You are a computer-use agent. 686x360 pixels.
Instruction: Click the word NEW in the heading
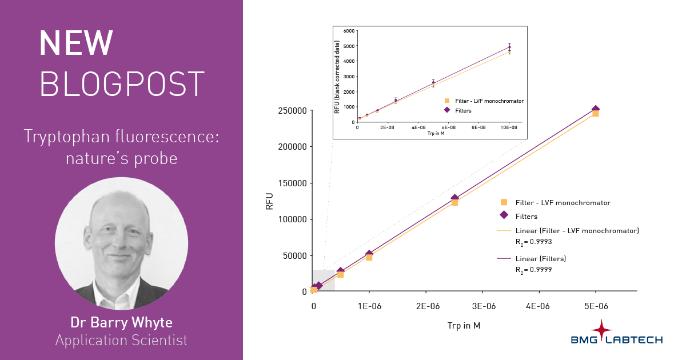click(x=76, y=43)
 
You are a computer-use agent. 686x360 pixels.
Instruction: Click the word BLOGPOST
click(x=122, y=84)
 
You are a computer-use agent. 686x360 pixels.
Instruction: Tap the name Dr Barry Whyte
click(x=121, y=322)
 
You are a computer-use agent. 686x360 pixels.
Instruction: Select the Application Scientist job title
click(x=121, y=341)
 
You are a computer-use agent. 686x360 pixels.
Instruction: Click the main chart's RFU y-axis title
click(x=270, y=201)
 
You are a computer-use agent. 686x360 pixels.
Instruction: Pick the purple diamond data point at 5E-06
click(x=595, y=109)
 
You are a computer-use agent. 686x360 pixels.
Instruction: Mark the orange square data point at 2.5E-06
click(x=454, y=202)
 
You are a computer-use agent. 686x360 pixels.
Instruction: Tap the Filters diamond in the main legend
click(x=504, y=215)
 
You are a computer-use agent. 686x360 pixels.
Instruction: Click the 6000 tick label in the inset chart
click(x=348, y=30)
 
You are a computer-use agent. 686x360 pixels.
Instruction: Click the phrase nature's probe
click(x=122, y=158)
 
